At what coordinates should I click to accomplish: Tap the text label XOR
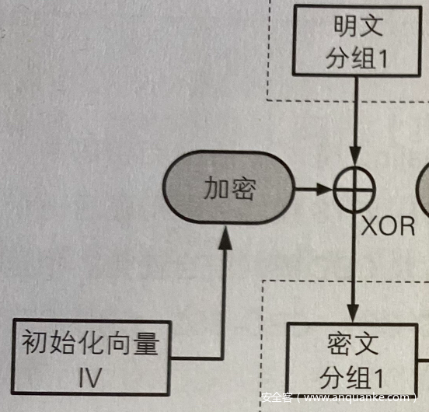[x=388, y=226]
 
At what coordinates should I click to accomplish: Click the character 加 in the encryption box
[x=216, y=187]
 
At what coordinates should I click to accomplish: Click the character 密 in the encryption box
[x=243, y=188]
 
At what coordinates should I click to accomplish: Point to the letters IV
[x=90, y=378]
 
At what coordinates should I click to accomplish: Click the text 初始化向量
[x=91, y=342]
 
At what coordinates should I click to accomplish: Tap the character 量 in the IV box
[x=146, y=343]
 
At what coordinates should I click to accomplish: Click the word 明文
[x=358, y=26]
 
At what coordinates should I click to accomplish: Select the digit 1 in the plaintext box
[x=382, y=58]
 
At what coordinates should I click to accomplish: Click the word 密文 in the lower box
[x=353, y=344]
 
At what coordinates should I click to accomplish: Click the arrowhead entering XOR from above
[x=355, y=155]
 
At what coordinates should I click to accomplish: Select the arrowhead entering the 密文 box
[x=354, y=312]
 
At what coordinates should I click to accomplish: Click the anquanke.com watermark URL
[x=357, y=397]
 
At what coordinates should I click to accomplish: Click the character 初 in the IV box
[x=35, y=342]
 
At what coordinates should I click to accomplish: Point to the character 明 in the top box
[x=345, y=26]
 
